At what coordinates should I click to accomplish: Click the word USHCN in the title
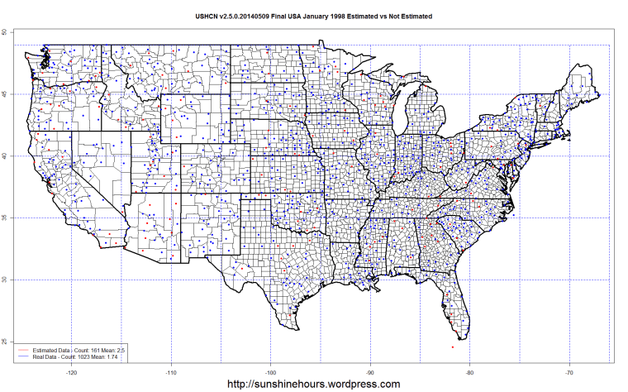(207, 16)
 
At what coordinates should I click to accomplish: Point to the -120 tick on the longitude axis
(72, 372)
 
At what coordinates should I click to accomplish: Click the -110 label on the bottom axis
(171, 372)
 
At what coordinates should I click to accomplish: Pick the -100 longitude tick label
(271, 372)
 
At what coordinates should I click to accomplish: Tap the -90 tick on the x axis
(370, 372)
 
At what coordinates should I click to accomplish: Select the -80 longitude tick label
(469, 372)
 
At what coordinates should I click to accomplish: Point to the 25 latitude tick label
(4, 342)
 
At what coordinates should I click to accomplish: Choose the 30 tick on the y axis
(4, 280)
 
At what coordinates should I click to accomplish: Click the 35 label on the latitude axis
(4, 218)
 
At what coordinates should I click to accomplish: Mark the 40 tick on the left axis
(4, 155)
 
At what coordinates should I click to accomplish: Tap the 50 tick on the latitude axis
(4, 32)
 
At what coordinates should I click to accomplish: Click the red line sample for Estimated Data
(24, 351)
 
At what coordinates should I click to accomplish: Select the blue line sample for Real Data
(24, 357)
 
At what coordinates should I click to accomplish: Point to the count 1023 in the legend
(84, 357)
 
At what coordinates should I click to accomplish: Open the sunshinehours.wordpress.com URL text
(313, 384)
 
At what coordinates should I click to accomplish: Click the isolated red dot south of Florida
(452, 347)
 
